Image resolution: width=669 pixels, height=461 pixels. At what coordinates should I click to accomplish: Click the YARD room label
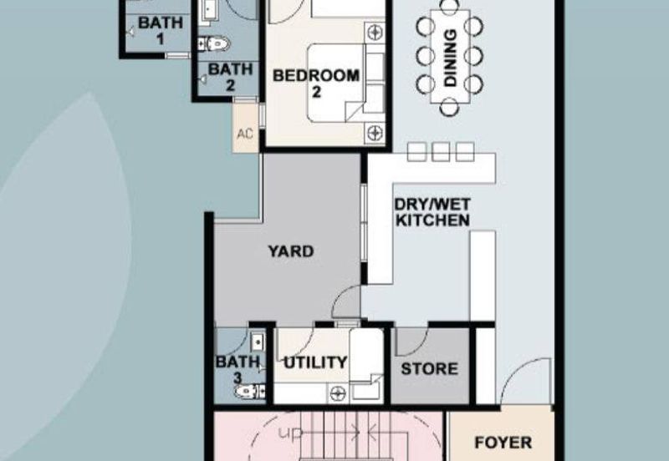point(290,251)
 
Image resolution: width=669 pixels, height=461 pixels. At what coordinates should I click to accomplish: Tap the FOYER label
point(503,443)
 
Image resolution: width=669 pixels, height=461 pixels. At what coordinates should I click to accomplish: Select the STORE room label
point(429,368)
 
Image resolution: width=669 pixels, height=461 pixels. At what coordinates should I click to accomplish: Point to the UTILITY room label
point(315,362)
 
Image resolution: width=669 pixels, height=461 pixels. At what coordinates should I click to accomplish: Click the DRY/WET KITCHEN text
point(432,212)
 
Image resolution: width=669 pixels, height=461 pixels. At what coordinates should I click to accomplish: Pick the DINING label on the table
point(450,58)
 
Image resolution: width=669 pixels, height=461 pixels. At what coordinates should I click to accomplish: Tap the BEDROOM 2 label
point(316,84)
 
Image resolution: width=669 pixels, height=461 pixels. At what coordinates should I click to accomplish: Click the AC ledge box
point(245,128)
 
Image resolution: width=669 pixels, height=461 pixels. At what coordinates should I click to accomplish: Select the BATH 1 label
point(161,30)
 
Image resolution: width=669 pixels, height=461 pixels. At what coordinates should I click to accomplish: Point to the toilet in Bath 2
point(214,43)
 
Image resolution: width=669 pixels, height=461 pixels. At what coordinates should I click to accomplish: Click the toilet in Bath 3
point(249,391)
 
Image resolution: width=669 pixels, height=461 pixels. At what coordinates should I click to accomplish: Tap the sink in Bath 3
point(258,342)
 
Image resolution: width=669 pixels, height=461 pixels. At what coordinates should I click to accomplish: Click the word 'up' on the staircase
point(290,433)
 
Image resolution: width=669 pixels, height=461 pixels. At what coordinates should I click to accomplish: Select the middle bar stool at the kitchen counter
point(441,152)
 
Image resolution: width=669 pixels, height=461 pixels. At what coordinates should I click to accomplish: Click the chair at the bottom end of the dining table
point(449,108)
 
